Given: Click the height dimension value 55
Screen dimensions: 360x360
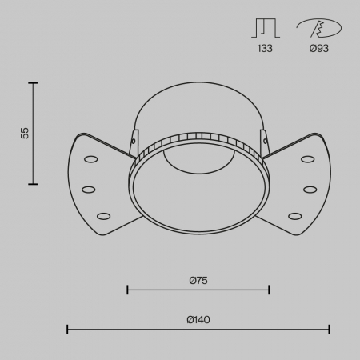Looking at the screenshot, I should tap(25, 133).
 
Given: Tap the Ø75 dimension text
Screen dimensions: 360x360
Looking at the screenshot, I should tap(198, 280).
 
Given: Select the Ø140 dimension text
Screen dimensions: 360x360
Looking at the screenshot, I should tap(198, 320).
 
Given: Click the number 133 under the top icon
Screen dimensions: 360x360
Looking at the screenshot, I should tap(265, 49).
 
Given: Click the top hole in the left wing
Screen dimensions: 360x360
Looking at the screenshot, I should tap(91, 159).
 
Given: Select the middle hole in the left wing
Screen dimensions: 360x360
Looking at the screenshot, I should tap(88, 190).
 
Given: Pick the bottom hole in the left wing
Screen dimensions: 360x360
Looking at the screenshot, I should tap(103, 215).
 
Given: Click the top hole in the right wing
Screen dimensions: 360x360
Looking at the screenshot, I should tap(307, 159).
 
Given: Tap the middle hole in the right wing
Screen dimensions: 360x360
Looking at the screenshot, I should tap(310, 190).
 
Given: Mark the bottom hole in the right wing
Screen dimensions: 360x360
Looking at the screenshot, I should tap(295, 215).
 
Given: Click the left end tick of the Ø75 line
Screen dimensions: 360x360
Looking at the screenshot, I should tap(128, 290).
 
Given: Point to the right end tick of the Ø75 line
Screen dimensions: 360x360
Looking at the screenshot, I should tap(269, 290).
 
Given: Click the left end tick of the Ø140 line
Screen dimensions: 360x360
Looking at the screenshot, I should tap(67, 329).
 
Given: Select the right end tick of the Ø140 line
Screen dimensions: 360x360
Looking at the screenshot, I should tap(330, 329).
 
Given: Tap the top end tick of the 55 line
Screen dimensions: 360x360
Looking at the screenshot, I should tap(34, 82).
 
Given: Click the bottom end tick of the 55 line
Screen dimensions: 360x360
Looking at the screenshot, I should tap(34, 184).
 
